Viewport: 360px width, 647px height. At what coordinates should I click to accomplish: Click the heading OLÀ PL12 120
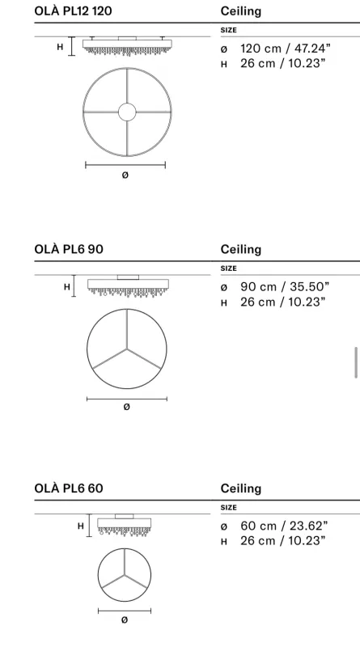(73, 11)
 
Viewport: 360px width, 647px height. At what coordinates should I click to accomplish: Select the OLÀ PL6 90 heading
(69, 249)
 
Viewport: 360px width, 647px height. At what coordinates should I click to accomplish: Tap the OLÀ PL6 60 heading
(69, 488)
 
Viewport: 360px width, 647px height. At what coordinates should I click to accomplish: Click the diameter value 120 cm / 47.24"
(286, 49)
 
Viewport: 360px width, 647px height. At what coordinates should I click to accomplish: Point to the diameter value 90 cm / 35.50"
(285, 287)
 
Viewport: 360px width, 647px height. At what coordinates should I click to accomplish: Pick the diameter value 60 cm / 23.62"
(284, 526)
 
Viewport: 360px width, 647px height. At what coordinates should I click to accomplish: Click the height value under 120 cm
(283, 64)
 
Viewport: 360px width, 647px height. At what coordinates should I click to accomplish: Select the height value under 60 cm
(283, 540)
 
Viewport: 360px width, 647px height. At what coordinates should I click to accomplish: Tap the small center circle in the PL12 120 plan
(127, 112)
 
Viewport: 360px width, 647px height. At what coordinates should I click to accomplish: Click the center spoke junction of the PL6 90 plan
(127, 349)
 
